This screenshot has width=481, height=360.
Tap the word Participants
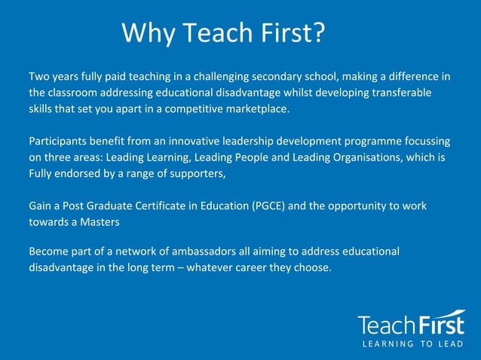click(60, 142)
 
